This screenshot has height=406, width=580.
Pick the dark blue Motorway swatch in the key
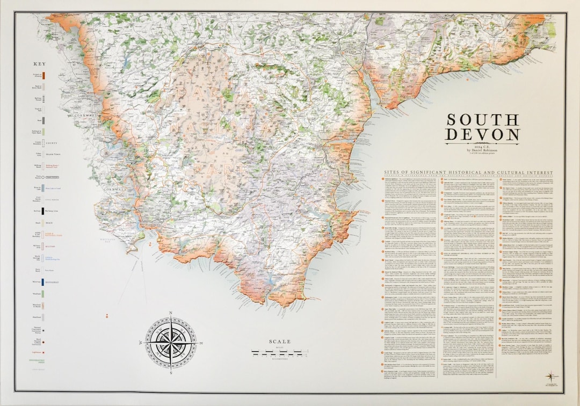(x=42, y=281)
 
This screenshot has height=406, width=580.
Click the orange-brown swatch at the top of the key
(x=42, y=76)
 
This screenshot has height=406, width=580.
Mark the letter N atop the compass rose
(x=171, y=313)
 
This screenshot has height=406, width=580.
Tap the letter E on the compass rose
(x=199, y=342)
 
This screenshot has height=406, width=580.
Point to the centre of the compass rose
(x=171, y=342)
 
